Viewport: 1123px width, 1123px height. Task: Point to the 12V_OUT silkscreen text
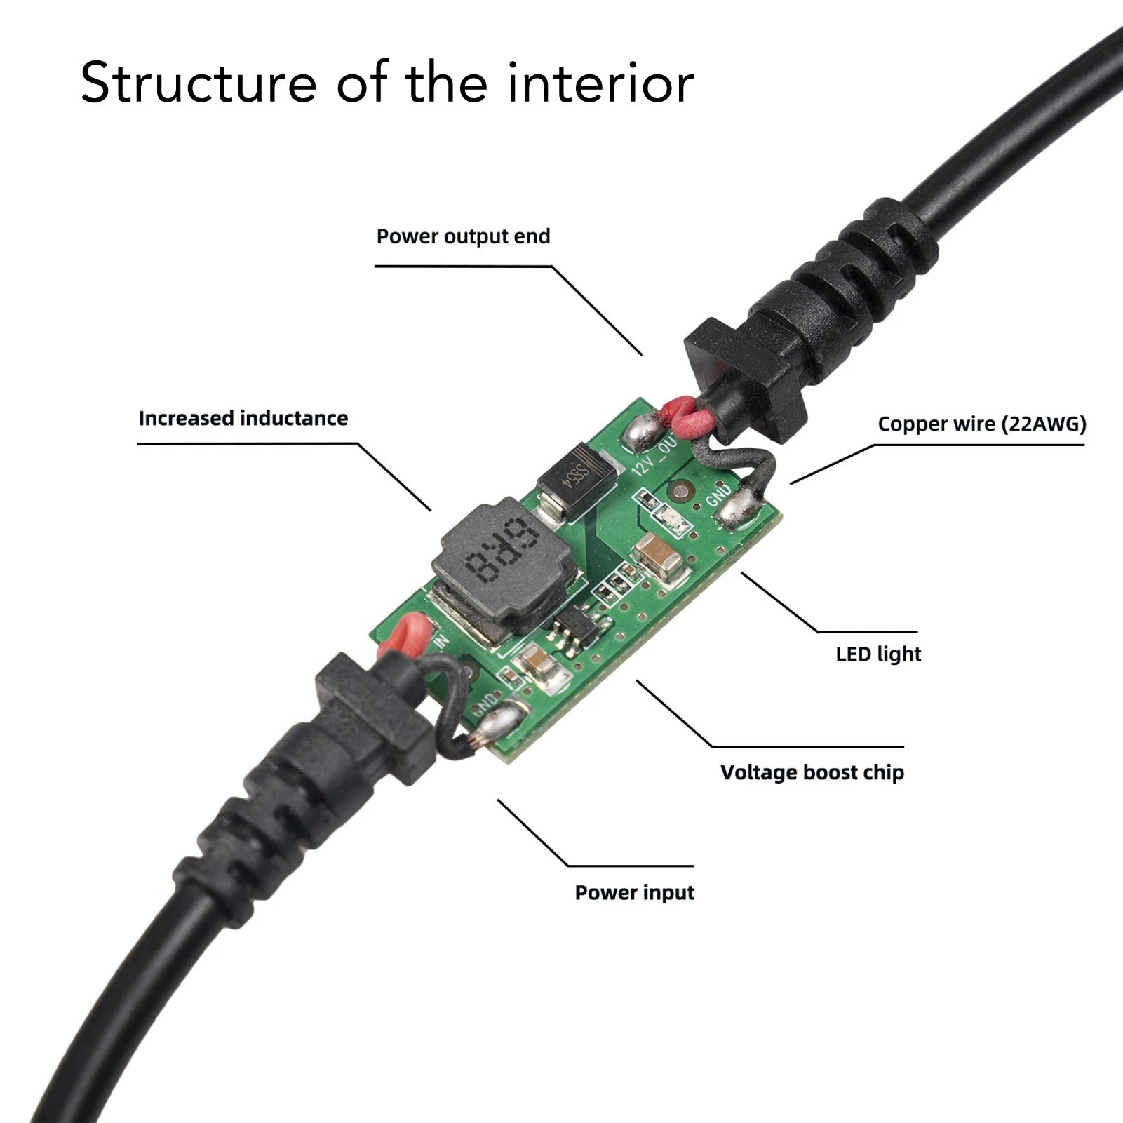pyautogui.click(x=654, y=456)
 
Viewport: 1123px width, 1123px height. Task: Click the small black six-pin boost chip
pyautogui.click(x=577, y=626)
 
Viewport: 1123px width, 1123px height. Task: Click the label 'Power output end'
pyautogui.click(x=463, y=236)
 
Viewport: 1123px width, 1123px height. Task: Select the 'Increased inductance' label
pyautogui.click(x=243, y=418)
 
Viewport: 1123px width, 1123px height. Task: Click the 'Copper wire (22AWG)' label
pyautogui.click(x=981, y=424)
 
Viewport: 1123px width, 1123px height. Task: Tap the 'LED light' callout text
pyautogui.click(x=877, y=654)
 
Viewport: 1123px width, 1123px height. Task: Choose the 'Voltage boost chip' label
pyautogui.click(x=812, y=772)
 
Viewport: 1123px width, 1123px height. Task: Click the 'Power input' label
pyautogui.click(x=634, y=892)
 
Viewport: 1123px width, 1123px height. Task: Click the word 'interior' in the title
pyautogui.click(x=600, y=83)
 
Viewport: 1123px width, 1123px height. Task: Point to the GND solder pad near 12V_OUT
pyautogui.click(x=737, y=508)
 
